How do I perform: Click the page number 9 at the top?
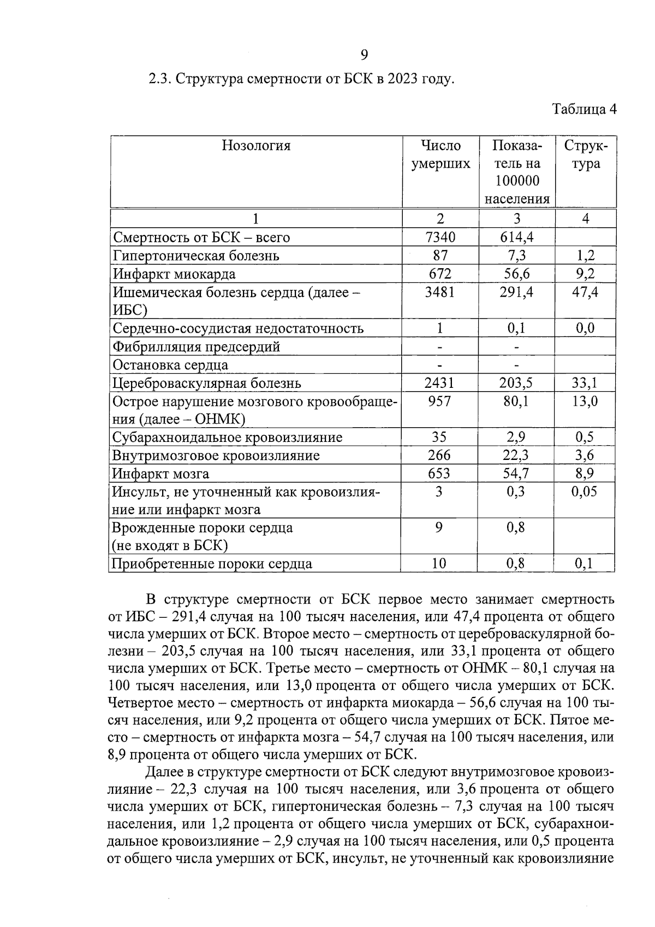click(365, 55)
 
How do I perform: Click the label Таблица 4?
click(584, 109)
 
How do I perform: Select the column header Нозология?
click(256, 146)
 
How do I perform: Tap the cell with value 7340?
click(440, 237)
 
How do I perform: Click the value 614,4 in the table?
click(516, 237)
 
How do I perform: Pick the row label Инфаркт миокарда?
click(174, 274)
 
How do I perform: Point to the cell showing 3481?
click(440, 292)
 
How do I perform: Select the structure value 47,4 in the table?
click(585, 292)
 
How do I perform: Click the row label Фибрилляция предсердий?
click(196, 346)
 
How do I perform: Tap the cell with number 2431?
click(439, 383)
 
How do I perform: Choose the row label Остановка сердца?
click(170, 365)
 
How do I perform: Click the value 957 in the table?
click(439, 401)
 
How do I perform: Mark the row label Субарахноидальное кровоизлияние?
click(227, 438)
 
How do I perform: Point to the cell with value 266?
click(439, 456)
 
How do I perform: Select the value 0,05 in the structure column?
click(584, 492)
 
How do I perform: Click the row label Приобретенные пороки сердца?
click(212, 564)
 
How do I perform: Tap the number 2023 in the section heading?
click(403, 79)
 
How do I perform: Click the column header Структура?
click(585, 155)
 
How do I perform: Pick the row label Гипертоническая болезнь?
click(196, 256)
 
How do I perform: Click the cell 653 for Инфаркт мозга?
click(439, 474)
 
